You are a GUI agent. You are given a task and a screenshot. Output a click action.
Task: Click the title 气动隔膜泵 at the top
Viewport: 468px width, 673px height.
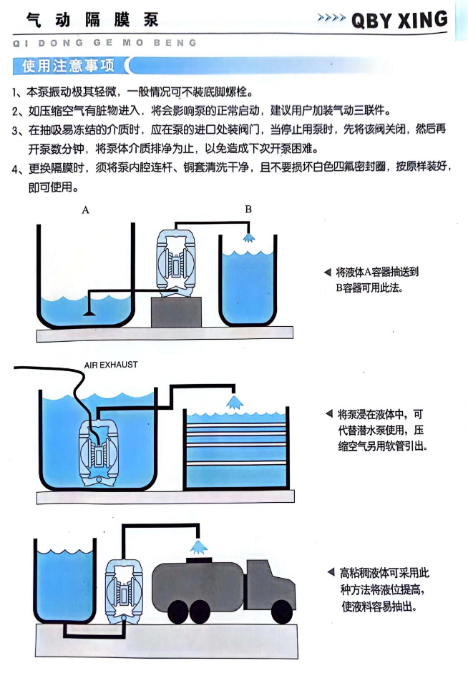point(92,19)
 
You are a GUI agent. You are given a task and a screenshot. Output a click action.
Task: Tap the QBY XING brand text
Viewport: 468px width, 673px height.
point(399,20)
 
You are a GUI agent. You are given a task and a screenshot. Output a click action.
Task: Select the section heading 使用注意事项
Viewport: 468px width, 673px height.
point(68,67)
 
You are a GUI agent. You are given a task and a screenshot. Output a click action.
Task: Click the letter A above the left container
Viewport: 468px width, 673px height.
point(85,210)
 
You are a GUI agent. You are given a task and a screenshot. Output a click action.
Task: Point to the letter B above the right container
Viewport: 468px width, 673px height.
point(248,210)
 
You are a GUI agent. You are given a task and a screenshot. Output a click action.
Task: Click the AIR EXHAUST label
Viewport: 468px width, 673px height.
point(111,365)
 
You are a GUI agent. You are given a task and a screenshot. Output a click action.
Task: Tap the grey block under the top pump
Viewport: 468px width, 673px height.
point(176,312)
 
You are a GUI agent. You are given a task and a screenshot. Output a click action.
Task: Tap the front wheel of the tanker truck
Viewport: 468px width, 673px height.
point(279,611)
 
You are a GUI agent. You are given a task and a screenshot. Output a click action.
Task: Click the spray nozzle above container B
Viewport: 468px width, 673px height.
point(248,237)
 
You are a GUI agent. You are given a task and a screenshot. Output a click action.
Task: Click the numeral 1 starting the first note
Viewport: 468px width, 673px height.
point(15,93)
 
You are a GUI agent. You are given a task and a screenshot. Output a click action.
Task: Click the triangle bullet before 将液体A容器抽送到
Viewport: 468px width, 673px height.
point(328,272)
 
